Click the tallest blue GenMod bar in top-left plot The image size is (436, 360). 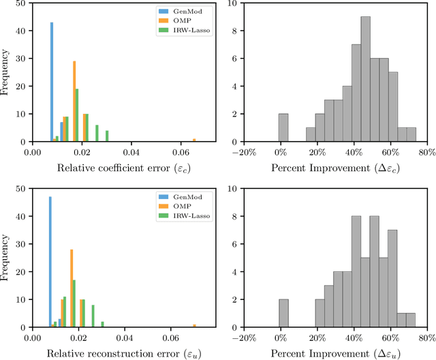click(52, 82)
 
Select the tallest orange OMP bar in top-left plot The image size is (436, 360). click(74, 101)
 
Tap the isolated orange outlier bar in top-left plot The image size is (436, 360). click(194, 140)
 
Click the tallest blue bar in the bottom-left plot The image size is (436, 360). click(50, 262)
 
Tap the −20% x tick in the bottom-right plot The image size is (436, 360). click(244, 337)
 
